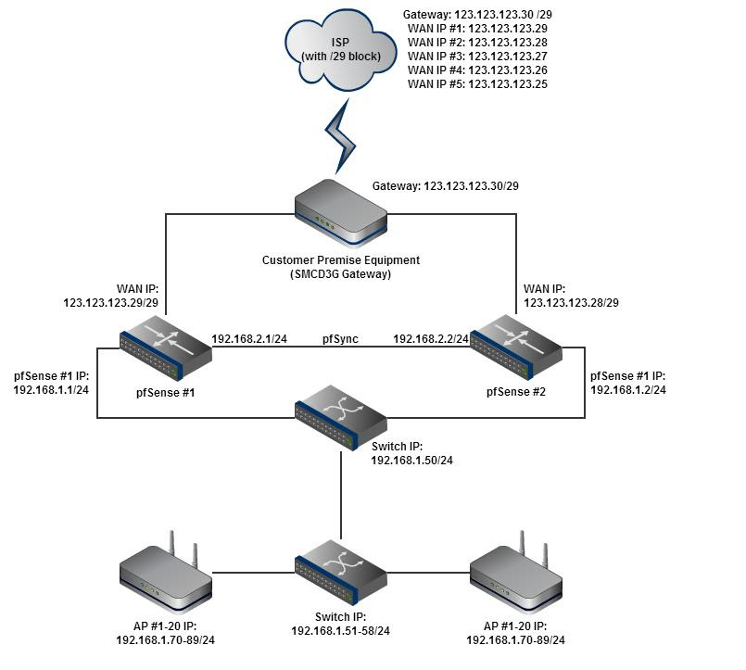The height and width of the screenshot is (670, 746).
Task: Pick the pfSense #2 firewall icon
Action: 515,347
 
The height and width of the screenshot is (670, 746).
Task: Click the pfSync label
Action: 340,339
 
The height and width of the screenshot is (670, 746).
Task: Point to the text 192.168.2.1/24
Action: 249,339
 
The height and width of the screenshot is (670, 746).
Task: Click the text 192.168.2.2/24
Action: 431,339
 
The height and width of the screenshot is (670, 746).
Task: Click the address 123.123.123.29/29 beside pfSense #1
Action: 110,302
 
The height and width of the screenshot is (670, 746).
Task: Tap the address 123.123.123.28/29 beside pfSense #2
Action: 572,302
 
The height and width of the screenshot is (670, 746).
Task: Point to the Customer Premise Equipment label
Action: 340,260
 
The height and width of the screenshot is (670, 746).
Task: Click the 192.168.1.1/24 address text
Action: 51,390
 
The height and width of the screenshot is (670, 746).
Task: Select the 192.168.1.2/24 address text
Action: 628,390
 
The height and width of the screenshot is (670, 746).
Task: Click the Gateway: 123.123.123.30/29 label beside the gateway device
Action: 445,186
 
